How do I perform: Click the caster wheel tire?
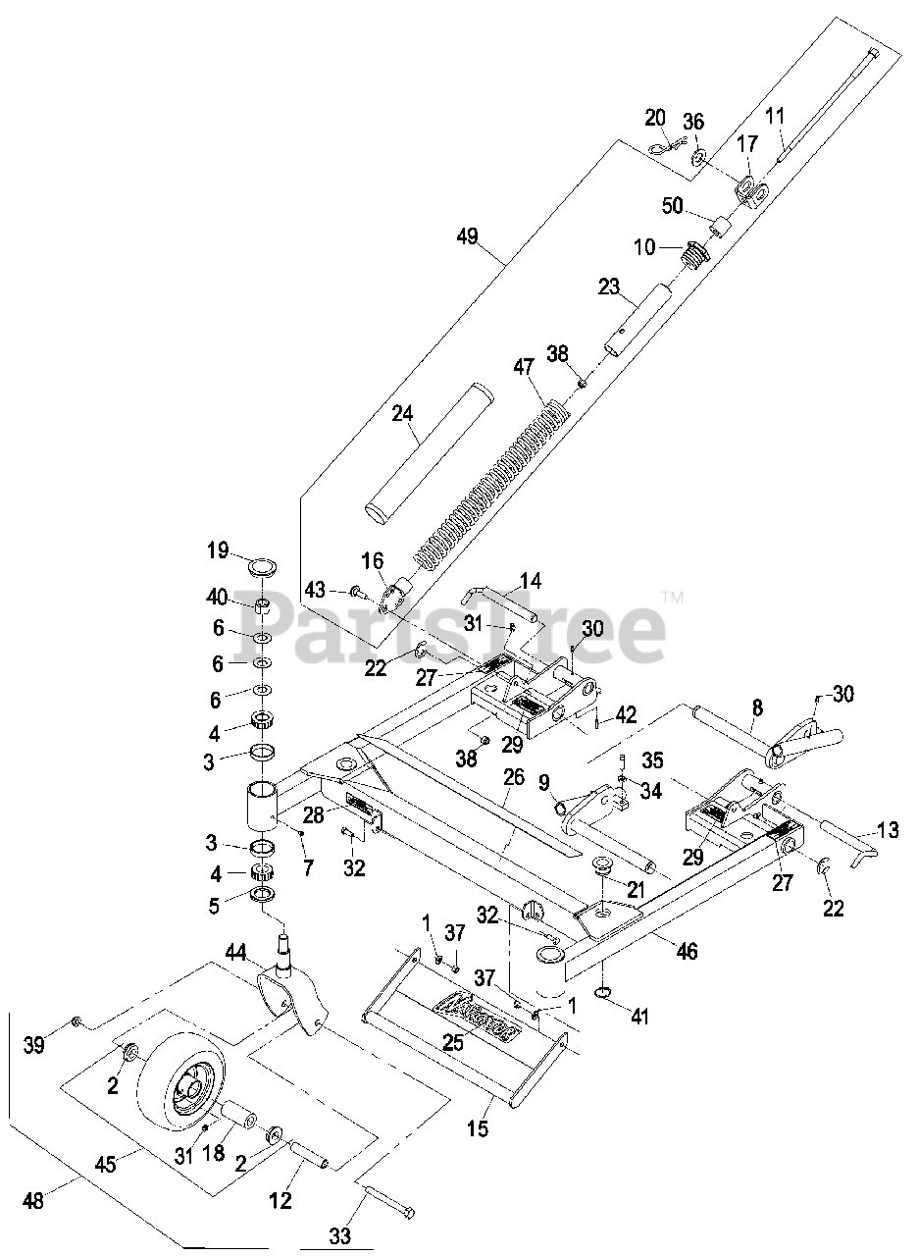point(177,1079)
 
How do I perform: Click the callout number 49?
point(467,236)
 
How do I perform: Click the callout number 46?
point(688,951)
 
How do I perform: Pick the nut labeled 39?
point(77,1023)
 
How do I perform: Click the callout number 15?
point(477,1128)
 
